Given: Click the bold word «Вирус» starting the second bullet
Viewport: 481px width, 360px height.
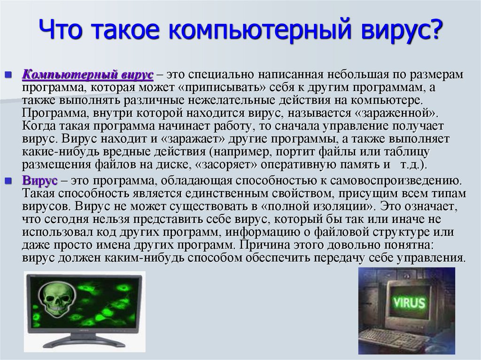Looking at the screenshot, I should (40, 180).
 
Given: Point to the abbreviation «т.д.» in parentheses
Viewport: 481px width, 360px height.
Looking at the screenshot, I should (411, 165).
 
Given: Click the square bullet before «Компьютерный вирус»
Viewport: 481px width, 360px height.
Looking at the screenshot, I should (8, 76).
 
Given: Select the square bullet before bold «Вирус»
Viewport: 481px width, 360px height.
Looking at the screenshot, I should (8, 181).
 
